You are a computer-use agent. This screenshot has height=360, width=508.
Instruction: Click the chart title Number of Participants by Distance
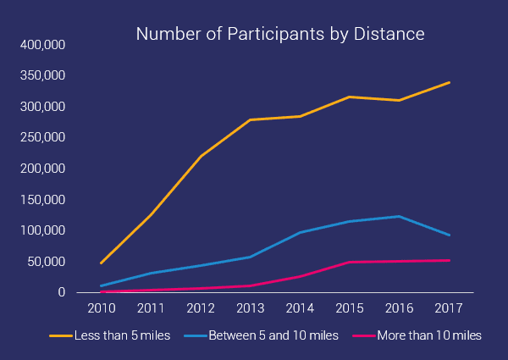[280, 35]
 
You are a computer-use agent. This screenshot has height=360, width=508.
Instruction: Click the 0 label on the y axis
[61, 292]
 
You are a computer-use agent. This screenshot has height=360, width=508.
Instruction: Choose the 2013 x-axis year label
[248, 306]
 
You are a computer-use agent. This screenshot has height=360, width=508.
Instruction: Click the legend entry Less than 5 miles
[123, 335]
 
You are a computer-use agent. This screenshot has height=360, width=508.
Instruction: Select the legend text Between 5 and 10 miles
[272, 335]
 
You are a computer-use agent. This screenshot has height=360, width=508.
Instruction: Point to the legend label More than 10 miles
[431, 335]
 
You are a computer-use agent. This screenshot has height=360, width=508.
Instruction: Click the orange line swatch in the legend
[60, 336]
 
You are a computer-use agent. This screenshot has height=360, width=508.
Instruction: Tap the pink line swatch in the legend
[366, 336]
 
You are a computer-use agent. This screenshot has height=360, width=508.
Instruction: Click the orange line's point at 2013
[249, 120]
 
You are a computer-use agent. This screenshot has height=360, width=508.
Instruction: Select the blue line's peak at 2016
[399, 216]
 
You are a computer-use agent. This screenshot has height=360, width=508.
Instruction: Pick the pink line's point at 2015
[349, 262]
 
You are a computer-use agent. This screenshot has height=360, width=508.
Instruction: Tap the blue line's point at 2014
[299, 232]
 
